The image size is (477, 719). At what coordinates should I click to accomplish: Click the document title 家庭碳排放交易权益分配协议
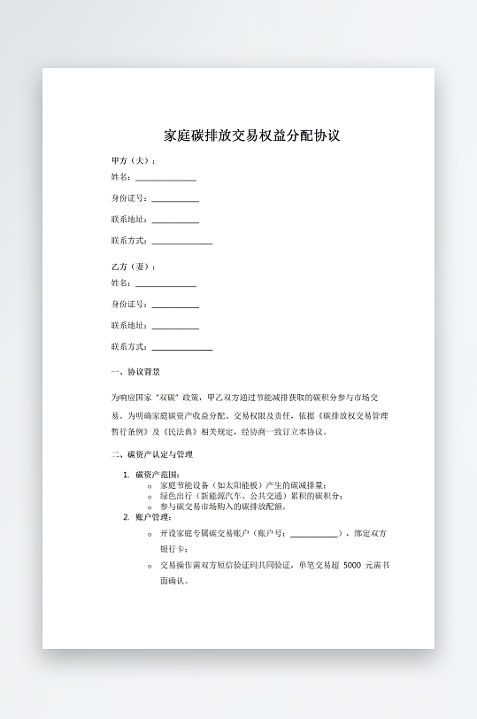point(252,136)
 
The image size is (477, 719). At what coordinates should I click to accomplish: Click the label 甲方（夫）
point(132,160)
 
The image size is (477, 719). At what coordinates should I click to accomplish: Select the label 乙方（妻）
point(132,267)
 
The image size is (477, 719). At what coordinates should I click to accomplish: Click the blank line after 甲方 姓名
point(165,178)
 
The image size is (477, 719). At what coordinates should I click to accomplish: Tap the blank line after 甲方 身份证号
point(175,199)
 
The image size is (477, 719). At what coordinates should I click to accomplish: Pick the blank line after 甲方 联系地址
point(175,220)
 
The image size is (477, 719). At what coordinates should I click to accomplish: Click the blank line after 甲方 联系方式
point(181,242)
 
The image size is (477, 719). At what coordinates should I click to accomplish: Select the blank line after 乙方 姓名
point(165,284)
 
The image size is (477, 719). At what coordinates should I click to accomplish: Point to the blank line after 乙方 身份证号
point(175,305)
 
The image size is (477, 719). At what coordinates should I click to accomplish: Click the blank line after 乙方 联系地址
point(175,327)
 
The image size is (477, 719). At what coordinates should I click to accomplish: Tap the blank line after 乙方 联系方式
point(181,348)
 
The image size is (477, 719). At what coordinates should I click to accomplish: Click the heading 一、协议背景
point(135,372)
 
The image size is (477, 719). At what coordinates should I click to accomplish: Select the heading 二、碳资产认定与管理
point(151,454)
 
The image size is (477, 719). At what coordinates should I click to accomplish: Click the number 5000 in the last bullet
point(350,565)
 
